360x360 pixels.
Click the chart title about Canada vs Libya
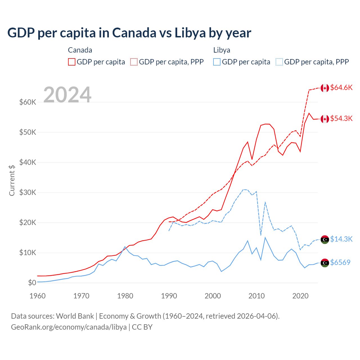click(x=129, y=33)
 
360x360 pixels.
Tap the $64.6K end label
click(x=341, y=87)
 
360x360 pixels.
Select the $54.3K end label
click(x=341, y=118)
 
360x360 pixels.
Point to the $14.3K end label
click(x=341, y=239)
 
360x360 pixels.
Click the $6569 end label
click(x=340, y=262)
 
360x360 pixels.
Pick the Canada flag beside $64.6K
click(x=325, y=88)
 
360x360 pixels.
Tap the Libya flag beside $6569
click(x=325, y=263)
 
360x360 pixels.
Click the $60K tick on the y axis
click(x=28, y=102)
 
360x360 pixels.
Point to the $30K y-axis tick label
click(x=28, y=193)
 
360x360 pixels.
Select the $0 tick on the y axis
click(x=32, y=283)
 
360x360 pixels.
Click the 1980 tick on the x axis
click(x=125, y=296)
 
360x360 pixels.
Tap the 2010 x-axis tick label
click(x=256, y=296)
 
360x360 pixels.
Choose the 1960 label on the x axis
click(x=38, y=296)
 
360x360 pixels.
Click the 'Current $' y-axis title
click(x=12, y=180)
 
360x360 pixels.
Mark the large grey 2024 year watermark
click(x=67, y=95)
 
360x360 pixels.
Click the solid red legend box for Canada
click(x=72, y=62)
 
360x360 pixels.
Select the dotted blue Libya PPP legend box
click(x=279, y=62)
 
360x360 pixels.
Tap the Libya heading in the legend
click(x=222, y=50)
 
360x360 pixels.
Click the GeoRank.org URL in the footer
click(x=69, y=327)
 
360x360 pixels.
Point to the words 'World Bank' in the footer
click(x=75, y=316)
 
